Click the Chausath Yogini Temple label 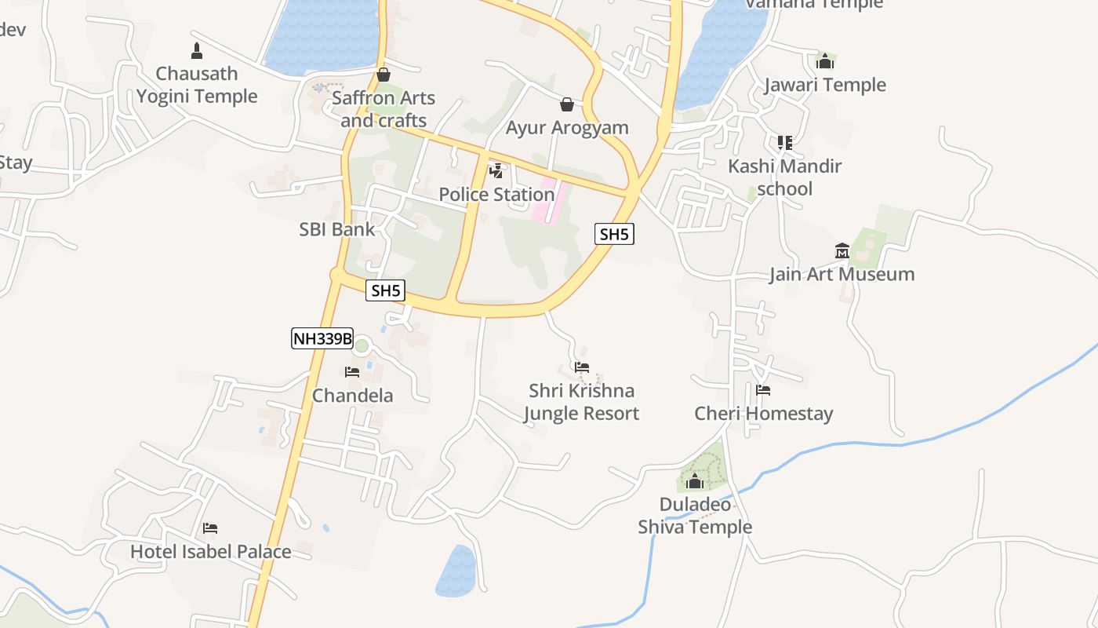click(x=197, y=85)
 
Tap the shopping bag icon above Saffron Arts click(x=384, y=75)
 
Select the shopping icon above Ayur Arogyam click(x=567, y=104)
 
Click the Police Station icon click(x=496, y=170)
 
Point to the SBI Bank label click(x=337, y=229)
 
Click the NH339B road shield click(x=322, y=338)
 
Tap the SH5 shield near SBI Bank click(x=386, y=290)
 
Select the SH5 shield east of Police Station click(x=613, y=234)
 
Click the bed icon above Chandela click(x=352, y=372)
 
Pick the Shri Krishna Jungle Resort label click(x=581, y=402)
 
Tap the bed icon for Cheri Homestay click(x=763, y=390)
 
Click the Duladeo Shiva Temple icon click(x=695, y=481)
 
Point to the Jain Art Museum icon click(x=842, y=251)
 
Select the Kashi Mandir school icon click(x=784, y=143)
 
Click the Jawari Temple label click(x=825, y=85)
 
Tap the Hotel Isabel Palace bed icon click(x=210, y=528)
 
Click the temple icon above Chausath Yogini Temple click(x=197, y=52)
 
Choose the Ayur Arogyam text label click(x=567, y=128)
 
